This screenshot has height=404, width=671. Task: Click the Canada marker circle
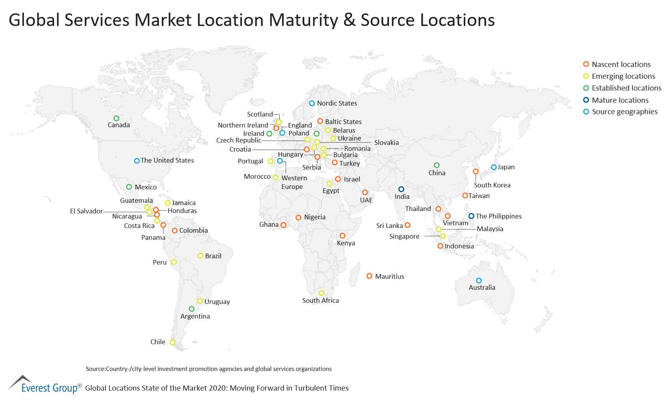click(116, 118)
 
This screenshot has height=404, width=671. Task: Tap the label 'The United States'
click(167, 160)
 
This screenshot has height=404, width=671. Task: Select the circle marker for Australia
click(479, 281)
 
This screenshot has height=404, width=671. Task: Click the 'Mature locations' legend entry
click(620, 100)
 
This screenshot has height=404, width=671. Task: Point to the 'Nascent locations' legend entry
click(621, 64)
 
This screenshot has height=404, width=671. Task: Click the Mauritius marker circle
click(369, 276)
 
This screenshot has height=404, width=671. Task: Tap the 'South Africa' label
click(320, 300)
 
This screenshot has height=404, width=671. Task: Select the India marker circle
click(401, 189)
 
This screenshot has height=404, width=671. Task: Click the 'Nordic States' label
click(337, 103)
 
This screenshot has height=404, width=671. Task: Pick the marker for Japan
click(494, 167)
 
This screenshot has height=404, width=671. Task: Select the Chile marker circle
click(172, 343)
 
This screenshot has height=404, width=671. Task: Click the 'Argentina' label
click(195, 316)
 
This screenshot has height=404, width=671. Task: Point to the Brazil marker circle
click(200, 256)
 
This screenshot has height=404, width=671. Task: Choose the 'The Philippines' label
click(498, 216)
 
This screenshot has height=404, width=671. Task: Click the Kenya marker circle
click(342, 236)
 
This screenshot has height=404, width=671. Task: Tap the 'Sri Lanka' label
click(389, 226)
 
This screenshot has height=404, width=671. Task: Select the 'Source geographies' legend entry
click(625, 112)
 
